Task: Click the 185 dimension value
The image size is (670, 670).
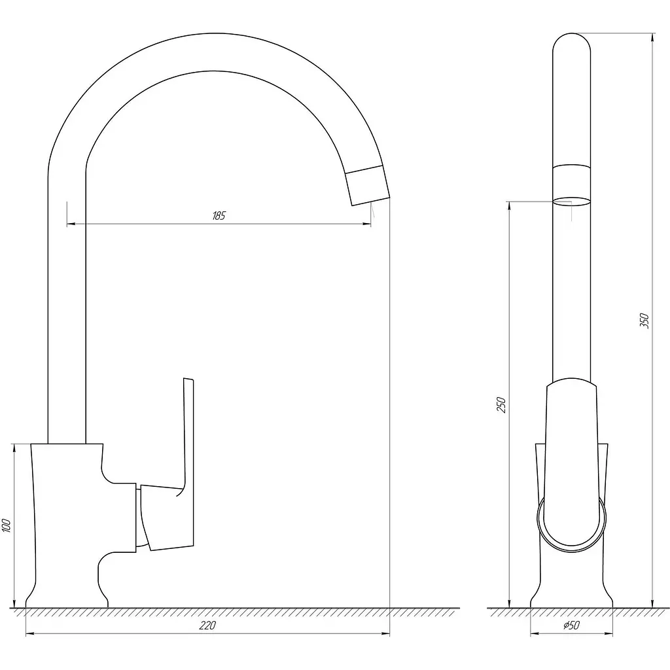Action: [x=219, y=216]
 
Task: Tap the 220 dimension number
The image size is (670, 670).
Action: [x=207, y=626]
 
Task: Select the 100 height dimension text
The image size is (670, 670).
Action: [x=7, y=525]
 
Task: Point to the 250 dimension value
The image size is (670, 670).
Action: [x=501, y=405]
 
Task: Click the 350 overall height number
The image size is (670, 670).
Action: [x=644, y=321]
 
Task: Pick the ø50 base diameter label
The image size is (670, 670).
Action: [x=572, y=626]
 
